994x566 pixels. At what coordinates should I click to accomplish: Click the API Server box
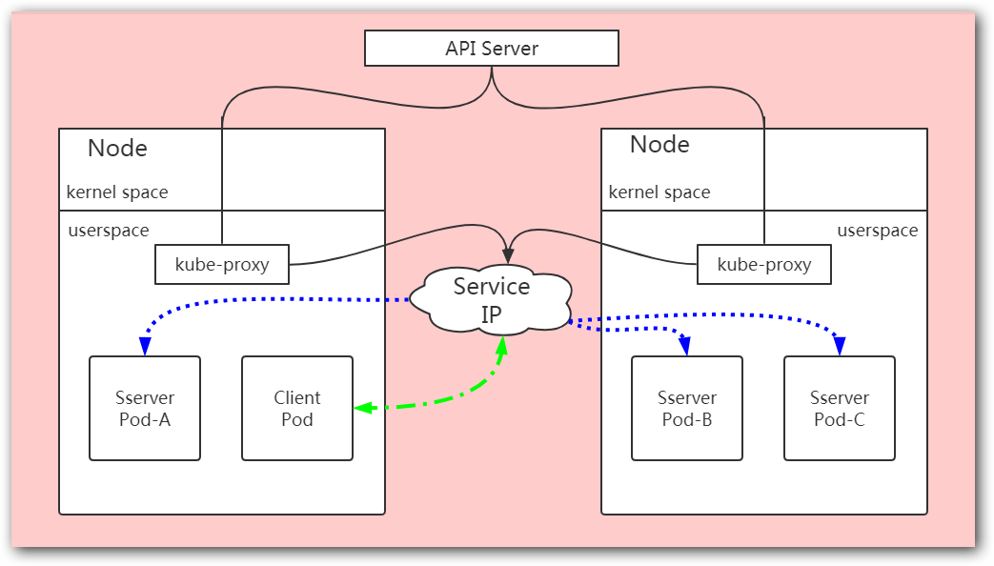tap(492, 48)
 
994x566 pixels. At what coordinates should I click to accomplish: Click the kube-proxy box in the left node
tap(222, 264)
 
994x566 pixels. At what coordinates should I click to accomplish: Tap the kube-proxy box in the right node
tap(763, 264)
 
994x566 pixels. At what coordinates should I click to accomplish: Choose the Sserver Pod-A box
tap(145, 408)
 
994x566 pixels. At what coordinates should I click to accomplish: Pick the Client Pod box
tap(297, 408)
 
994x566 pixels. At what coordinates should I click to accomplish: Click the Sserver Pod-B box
tap(687, 408)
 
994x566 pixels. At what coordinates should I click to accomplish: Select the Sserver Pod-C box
tap(840, 408)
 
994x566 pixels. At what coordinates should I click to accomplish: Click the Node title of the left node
tap(117, 149)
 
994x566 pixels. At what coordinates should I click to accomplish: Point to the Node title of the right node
tap(659, 145)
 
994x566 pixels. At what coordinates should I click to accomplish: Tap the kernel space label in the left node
tap(117, 192)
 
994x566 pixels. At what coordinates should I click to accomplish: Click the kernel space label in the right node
tap(659, 192)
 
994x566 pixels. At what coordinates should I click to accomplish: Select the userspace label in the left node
tap(109, 231)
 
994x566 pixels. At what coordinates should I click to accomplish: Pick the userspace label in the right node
tap(878, 231)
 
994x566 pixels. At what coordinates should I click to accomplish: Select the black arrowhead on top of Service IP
tap(508, 255)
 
